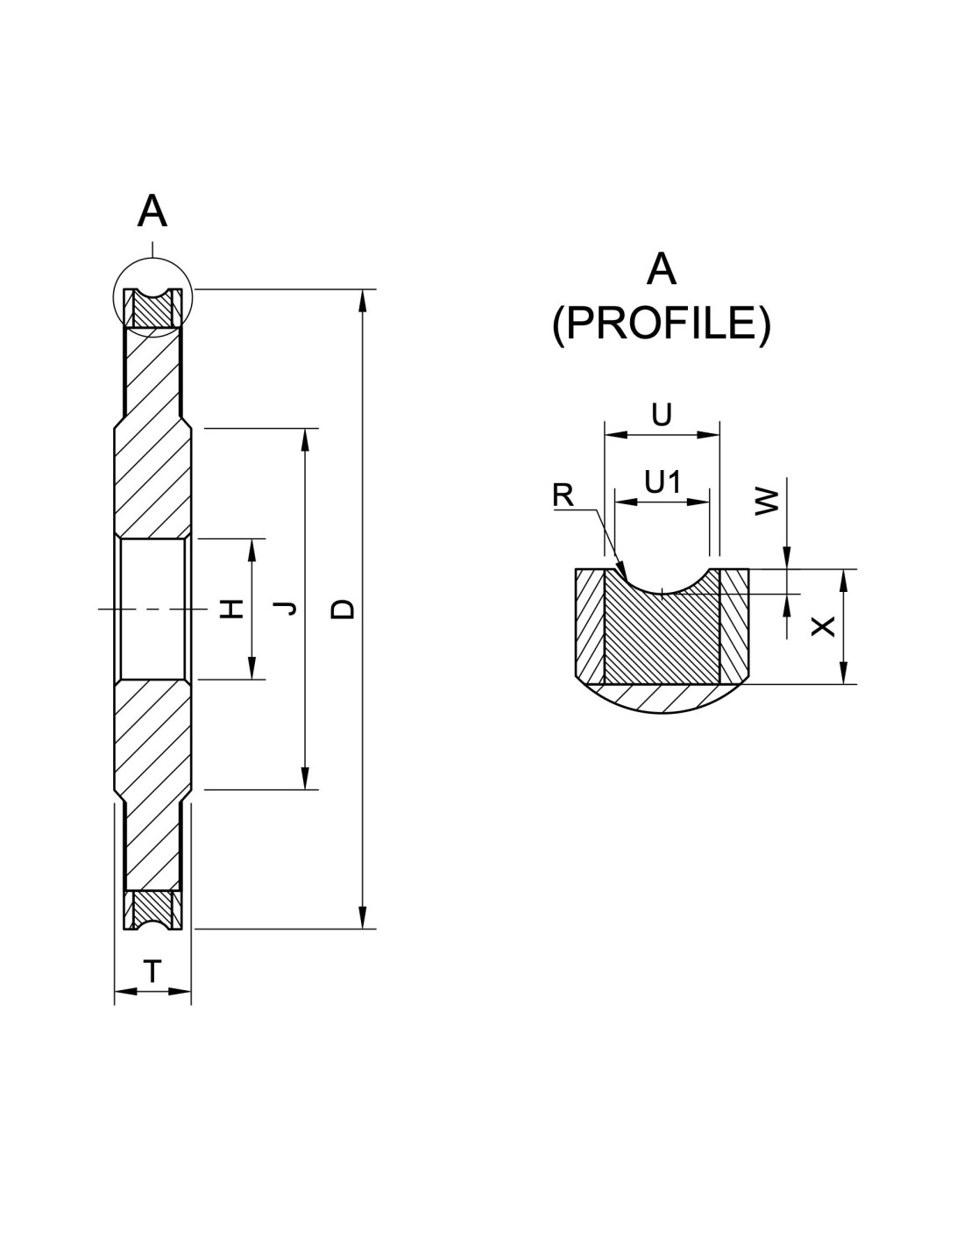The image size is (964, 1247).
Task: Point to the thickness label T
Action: [152, 971]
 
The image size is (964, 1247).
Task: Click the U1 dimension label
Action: [663, 481]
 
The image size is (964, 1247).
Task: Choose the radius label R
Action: [563, 496]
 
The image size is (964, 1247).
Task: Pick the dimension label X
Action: [823, 625]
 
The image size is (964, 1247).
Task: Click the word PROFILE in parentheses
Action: [661, 324]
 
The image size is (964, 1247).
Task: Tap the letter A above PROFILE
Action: [661, 270]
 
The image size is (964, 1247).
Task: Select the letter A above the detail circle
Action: [152, 212]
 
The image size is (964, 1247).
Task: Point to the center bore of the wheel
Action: [152, 609]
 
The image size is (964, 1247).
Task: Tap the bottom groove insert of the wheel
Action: [152, 909]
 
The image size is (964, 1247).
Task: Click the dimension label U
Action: [663, 415]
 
